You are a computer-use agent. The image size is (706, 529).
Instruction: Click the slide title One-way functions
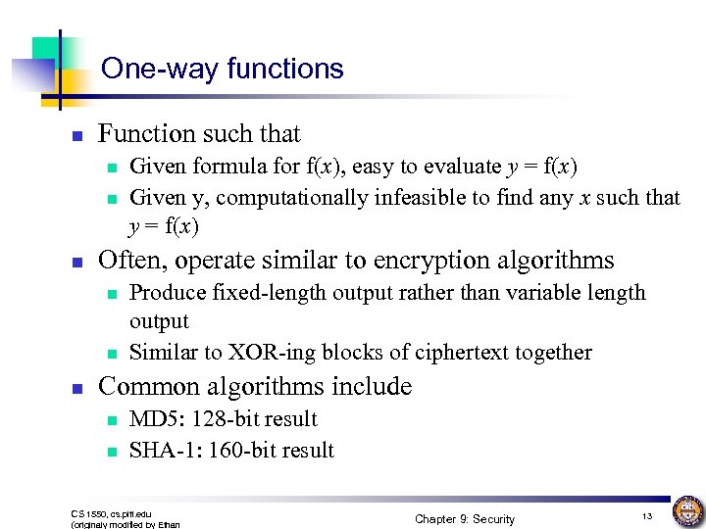tap(223, 69)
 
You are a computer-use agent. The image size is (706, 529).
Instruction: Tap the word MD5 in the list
tap(151, 419)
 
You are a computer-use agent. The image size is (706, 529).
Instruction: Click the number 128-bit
tap(226, 419)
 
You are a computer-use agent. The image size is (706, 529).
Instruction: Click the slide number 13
tap(646, 515)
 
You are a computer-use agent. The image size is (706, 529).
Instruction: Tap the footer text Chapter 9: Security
tap(464, 518)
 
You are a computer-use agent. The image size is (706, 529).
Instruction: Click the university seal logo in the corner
tap(687, 510)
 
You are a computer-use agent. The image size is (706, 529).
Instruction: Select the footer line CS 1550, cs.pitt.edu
tap(111, 512)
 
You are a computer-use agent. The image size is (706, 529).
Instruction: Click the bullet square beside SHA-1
tap(112, 452)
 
